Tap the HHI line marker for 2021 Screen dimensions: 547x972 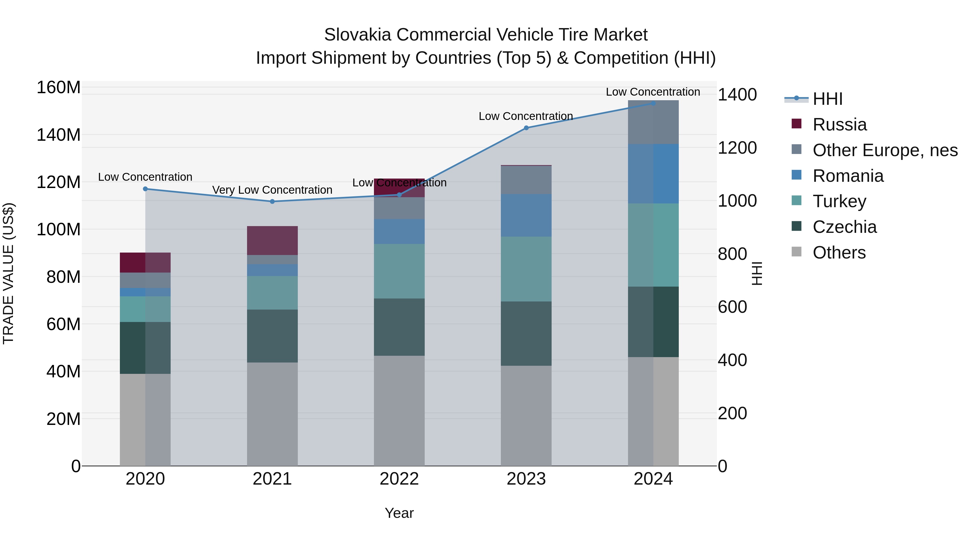coord(272,202)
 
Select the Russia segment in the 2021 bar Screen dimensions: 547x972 coord(272,240)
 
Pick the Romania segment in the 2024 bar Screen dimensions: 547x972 coord(653,174)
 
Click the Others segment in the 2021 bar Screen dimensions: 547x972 coord(272,414)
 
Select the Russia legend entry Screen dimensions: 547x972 coord(839,125)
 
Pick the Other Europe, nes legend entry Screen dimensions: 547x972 coord(885,150)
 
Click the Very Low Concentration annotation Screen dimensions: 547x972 coord(272,190)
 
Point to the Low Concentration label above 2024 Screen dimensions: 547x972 coord(653,92)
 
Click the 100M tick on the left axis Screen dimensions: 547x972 coord(59,230)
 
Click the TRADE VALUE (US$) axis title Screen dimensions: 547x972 coord(8,273)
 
